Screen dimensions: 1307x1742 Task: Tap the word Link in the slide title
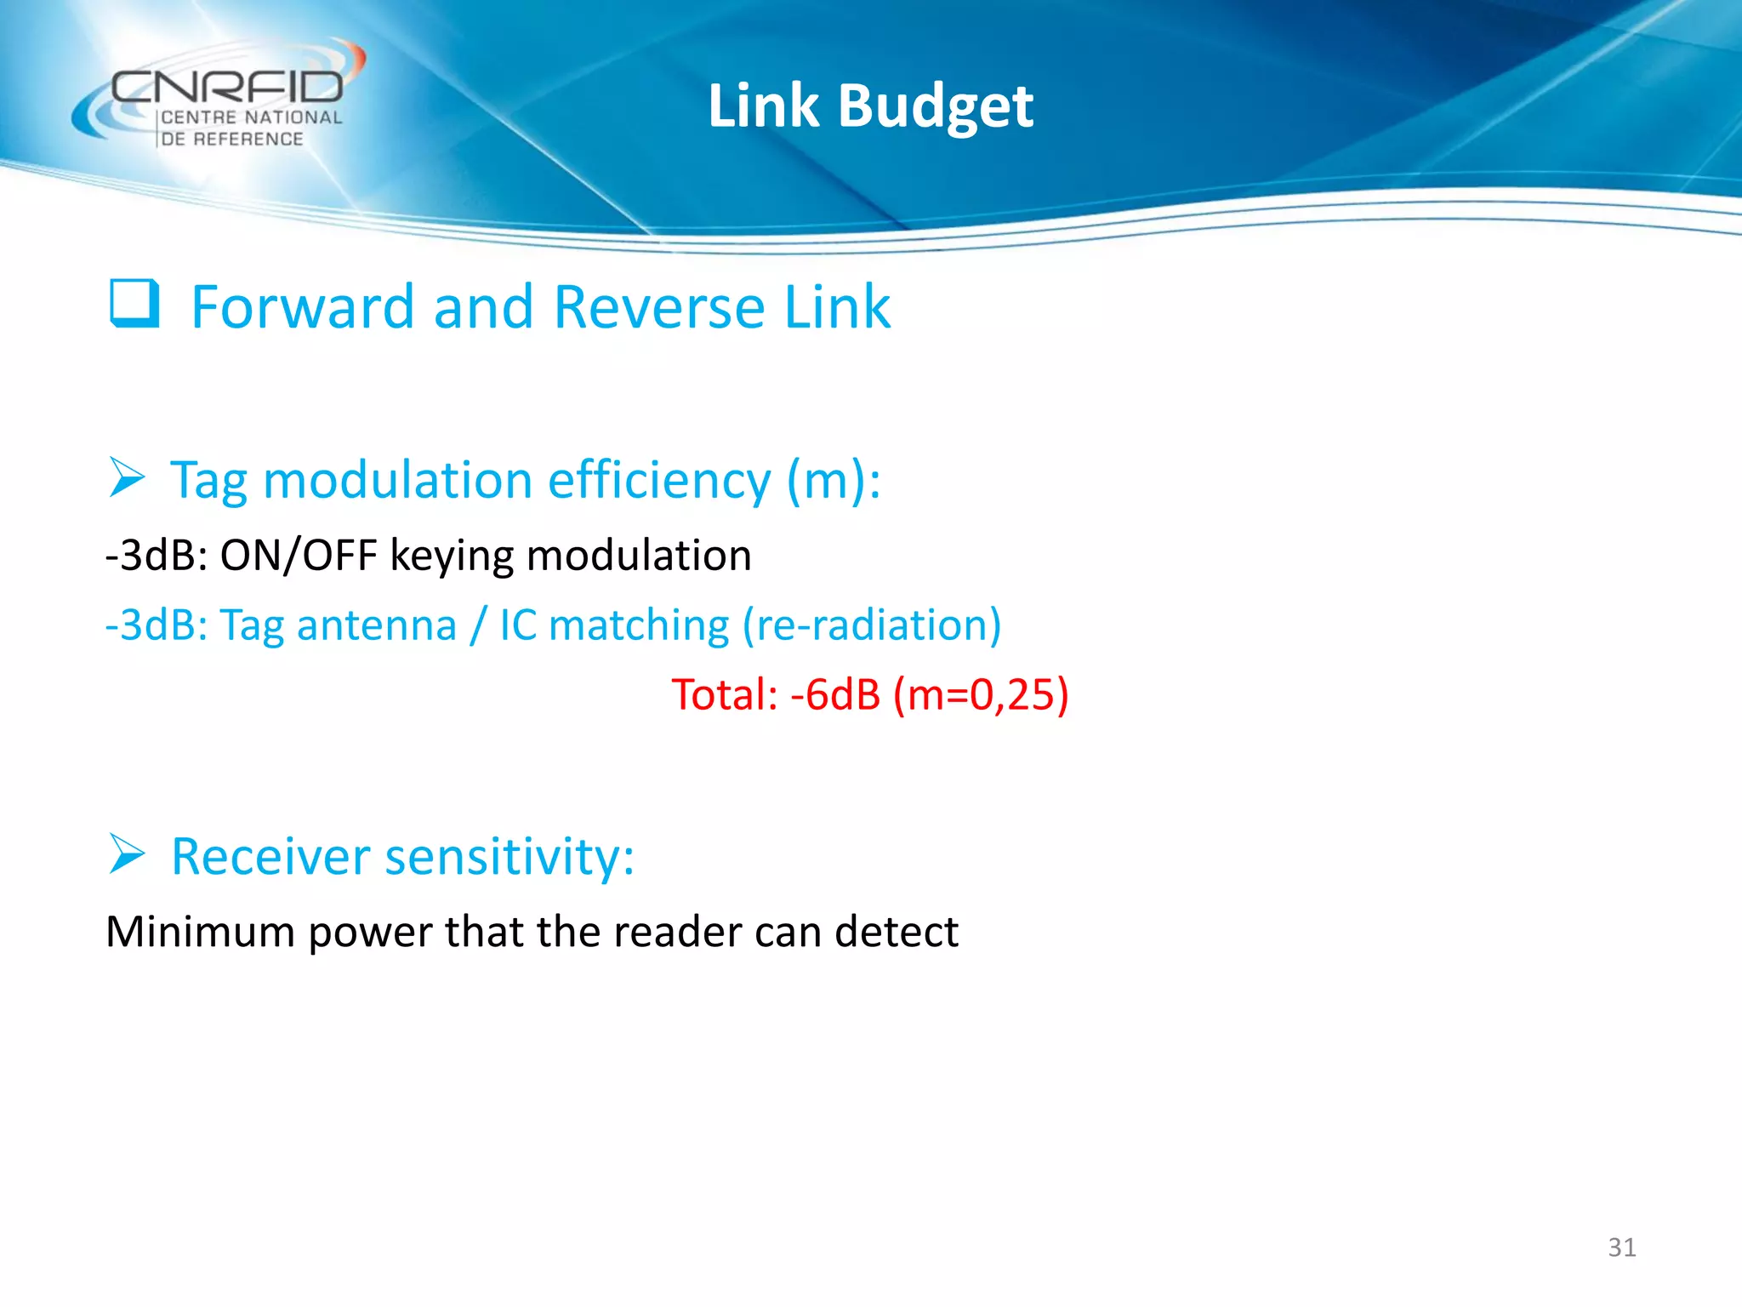pyautogui.click(x=763, y=106)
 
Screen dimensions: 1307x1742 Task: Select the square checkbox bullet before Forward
pyautogui.click(x=134, y=304)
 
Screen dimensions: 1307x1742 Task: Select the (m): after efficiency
pyautogui.click(x=833, y=481)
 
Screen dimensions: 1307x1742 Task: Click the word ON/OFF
pyautogui.click(x=298, y=556)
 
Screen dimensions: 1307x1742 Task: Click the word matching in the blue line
pyautogui.click(x=639, y=625)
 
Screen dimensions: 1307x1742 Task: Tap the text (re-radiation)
pyautogui.click(x=871, y=625)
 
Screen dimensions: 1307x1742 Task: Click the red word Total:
pyautogui.click(x=725, y=694)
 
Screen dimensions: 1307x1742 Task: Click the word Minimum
pyautogui.click(x=200, y=931)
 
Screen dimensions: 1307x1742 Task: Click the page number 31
pyautogui.click(x=1621, y=1247)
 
